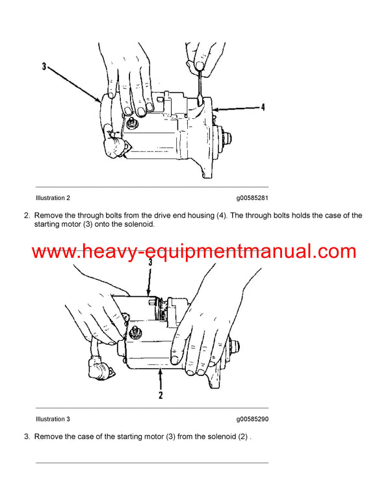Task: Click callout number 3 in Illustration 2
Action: click(x=44, y=66)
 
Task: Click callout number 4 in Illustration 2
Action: click(x=263, y=108)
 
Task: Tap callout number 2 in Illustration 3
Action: click(x=161, y=394)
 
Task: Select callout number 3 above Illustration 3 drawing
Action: click(x=150, y=263)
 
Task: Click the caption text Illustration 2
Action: click(x=53, y=197)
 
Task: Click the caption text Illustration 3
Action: click(x=53, y=419)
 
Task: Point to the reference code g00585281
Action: click(x=252, y=197)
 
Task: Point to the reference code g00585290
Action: click(x=252, y=419)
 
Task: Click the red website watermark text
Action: click(x=194, y=251)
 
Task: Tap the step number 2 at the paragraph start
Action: click(x=27, y=215)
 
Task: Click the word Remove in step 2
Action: click(x=48, y=215)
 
